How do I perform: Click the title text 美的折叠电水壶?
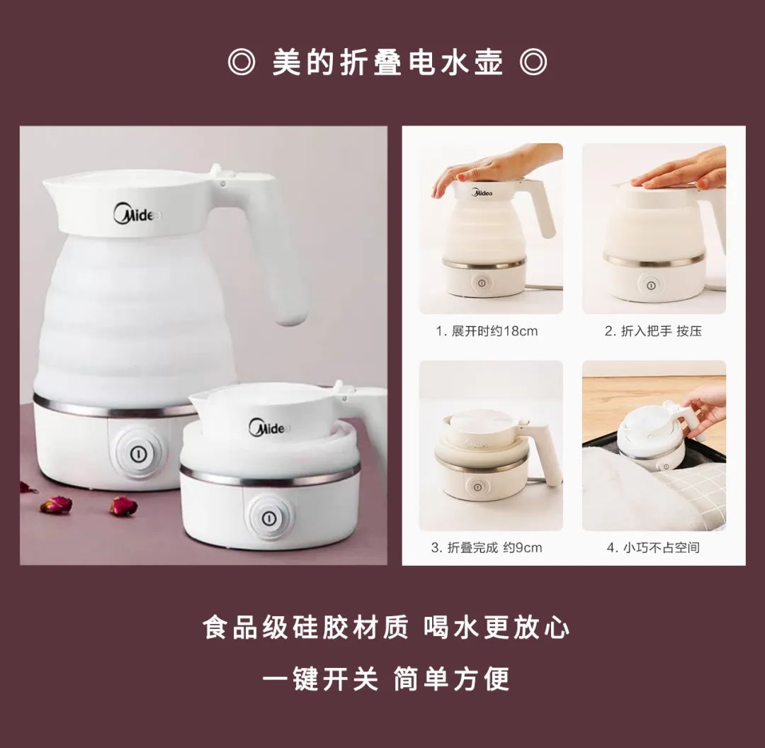click(387, 63)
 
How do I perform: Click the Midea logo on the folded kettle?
click(270, 428)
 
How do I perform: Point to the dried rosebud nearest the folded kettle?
click(123, 506)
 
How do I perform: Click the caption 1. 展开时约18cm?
click(487, 331)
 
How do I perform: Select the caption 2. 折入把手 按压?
click(653, 331)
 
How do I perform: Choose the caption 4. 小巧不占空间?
click(653, 547)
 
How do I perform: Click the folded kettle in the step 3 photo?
click(489, 457)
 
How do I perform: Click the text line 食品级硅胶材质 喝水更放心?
click(387, 627)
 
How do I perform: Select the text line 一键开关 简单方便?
click(387, 679)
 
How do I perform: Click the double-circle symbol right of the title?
click(533, 63)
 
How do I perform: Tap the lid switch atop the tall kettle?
click(217, 170)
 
